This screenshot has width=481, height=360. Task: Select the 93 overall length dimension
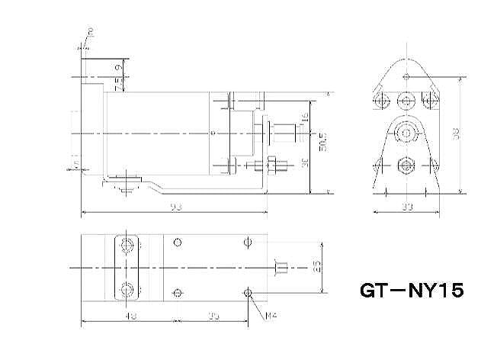(176, 207)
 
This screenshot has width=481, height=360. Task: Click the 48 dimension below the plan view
(131, 316)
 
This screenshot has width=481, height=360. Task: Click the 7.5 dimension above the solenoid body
(117, 85)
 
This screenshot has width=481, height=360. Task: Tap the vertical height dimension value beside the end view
(455, 134)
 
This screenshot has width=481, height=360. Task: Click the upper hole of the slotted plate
(127, 244)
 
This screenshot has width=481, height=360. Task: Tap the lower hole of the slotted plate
(127, 290)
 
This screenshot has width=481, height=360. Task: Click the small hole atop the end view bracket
(407, 76)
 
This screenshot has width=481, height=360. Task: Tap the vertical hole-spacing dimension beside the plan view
(316, 266)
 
